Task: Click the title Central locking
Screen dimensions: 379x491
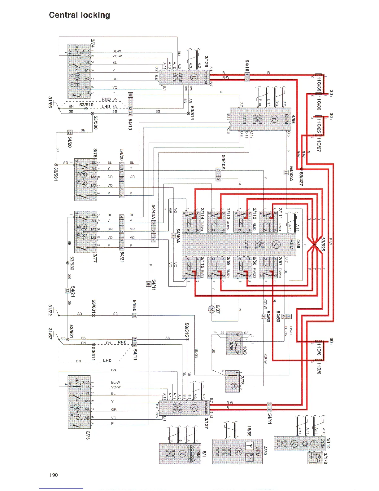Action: [79, 15]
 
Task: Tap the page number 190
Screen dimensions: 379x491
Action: [54, 475]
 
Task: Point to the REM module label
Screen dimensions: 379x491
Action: [291, 244]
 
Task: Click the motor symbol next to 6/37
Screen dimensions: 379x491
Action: [212, 309]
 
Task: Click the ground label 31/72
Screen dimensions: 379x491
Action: [50, 310]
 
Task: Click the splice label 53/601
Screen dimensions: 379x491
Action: [94, 307]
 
